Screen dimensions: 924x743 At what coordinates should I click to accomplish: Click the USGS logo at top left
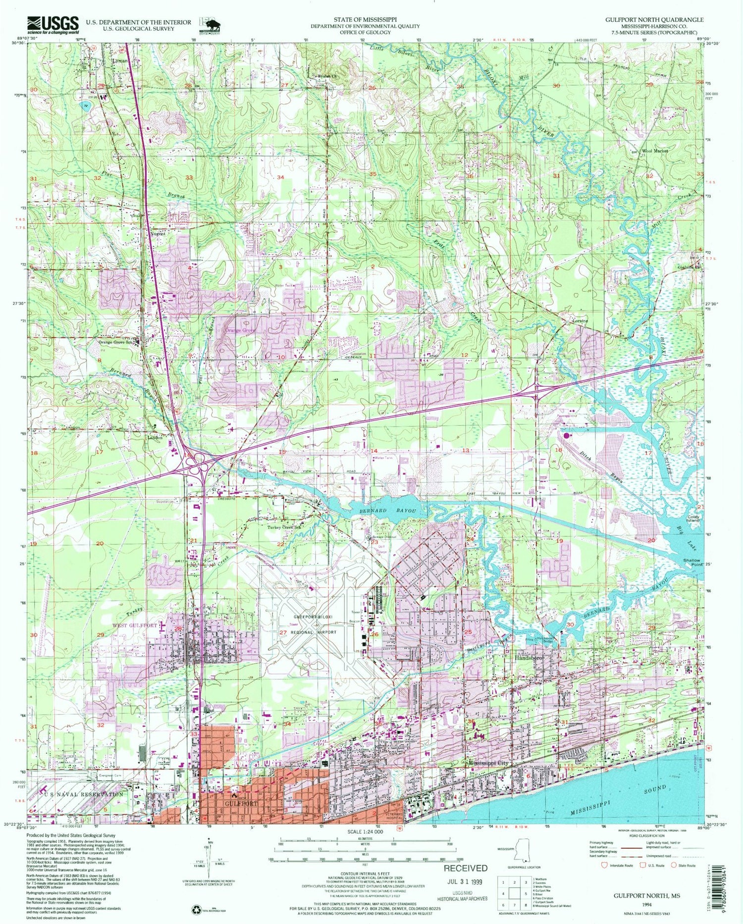[53, 25]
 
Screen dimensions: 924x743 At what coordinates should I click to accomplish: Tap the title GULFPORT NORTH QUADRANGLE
[654, 20]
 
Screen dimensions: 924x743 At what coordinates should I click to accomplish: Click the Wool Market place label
[655, 151]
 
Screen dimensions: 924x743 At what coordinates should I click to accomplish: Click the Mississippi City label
[488, 763]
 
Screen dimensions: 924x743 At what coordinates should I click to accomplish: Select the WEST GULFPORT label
[136, 625]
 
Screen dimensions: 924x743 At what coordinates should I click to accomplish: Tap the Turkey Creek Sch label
[284, 527]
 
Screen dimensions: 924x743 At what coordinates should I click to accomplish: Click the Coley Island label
[692, 519]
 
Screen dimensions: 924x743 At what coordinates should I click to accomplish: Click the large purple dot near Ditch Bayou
[567, 436]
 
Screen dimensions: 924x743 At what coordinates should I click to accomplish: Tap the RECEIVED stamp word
[465, 868]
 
